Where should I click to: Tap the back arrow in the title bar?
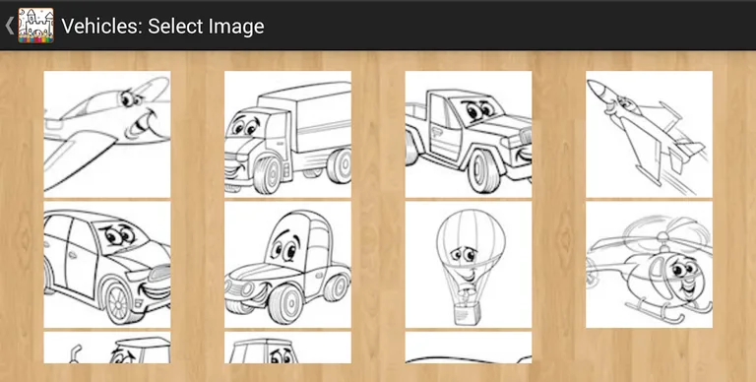click(9, 26)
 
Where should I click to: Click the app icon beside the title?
click(36, 26)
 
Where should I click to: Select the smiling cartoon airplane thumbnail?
click(106, 134)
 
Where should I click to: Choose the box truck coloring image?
click(287, 134)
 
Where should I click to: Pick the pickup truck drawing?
click(469, 134)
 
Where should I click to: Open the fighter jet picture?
click(649, 134)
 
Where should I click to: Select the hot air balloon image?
click(469, 265)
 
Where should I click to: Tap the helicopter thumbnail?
click(649, 265)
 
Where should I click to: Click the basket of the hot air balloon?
click(463, 312)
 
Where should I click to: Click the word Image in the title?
click(236, 27)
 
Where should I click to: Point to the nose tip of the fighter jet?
click(594, 85)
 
